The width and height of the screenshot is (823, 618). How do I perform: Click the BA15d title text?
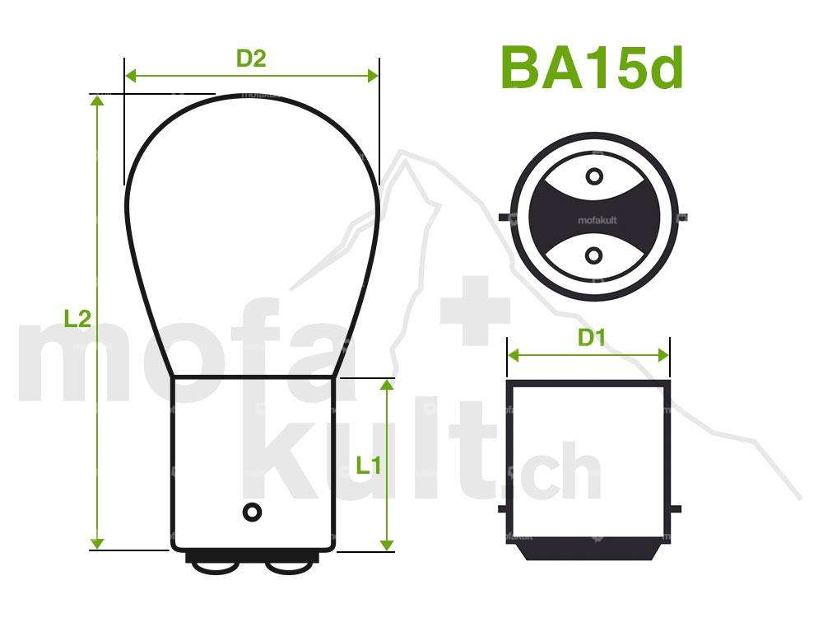[591, 68]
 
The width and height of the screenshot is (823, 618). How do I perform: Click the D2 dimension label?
[251, 59]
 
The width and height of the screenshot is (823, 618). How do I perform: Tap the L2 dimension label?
[77, 320]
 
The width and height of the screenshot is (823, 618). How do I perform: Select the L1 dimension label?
[368, 466]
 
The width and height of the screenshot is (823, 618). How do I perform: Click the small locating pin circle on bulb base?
[252, 512]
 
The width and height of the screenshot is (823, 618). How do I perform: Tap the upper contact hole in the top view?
[593, 176]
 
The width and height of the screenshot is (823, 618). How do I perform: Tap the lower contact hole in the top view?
[593, 256]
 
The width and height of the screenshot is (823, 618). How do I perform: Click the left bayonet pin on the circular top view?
[504, 218]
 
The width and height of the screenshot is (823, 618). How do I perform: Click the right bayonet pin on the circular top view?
[682, 218]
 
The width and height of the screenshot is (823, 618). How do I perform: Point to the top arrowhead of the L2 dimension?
[98, 101]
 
